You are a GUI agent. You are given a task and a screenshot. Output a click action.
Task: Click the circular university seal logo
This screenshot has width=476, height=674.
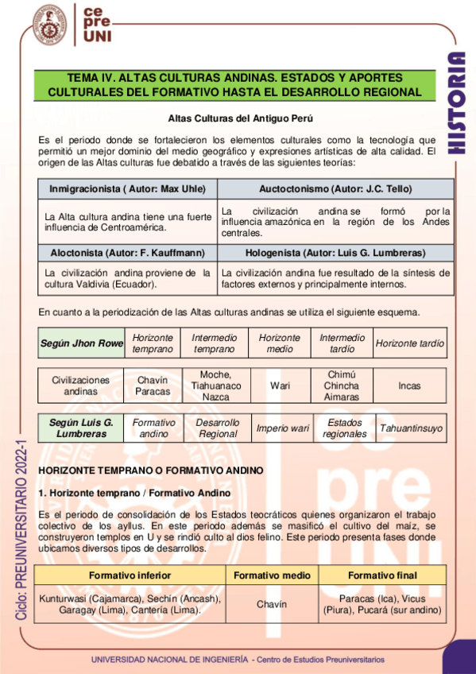(x=49, y=25)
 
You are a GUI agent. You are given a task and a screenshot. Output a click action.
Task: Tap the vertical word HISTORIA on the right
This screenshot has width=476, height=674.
(x=455, y=103)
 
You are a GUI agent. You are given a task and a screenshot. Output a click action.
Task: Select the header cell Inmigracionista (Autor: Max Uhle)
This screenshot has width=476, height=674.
(x=127, y=189)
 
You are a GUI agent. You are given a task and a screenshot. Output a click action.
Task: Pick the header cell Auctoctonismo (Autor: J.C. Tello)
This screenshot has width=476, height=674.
(x=335, y=189)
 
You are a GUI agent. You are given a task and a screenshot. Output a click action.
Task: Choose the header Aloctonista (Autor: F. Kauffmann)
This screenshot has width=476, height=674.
(x=127, y=253)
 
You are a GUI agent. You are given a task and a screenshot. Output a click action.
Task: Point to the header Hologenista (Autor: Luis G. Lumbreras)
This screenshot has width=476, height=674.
(x=335, y=253)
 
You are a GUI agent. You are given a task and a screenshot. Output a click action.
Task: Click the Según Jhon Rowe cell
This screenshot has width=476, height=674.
(x=82, y=343)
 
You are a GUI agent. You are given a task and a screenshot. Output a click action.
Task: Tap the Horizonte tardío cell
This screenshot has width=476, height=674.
(x=410, y=343)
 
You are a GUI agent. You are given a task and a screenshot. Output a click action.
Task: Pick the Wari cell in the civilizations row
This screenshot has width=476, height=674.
(x=279, y=385)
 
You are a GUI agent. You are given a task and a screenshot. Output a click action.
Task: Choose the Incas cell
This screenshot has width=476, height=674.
(x=410, y=385)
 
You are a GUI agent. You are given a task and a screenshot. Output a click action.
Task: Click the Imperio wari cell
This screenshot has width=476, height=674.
(x=282, y=428)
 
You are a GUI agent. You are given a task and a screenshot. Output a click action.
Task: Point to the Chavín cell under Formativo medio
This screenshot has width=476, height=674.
(x=271, y=604)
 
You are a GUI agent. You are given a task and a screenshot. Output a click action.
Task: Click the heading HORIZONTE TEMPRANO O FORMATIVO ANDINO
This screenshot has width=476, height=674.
(x=150, y=471)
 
